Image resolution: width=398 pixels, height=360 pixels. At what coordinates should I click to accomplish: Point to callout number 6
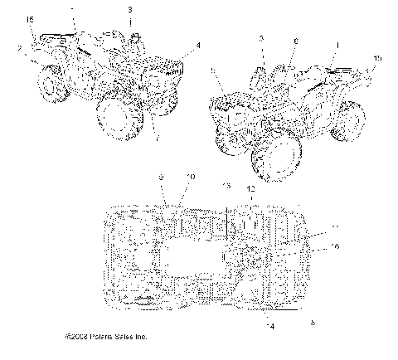pyautogui.click(x=295, y=39)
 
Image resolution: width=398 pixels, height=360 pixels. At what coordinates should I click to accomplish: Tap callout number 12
pyautogui.click(x=249, y=190)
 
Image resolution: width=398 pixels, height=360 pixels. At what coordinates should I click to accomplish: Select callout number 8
pyautogui.click(x=312, y=322)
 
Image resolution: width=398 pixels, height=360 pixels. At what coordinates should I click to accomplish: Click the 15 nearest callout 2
pyautogui.click(x=31, y=18)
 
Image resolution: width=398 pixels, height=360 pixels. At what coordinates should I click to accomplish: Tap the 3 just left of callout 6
pyautogui.click(x=262, y=39)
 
